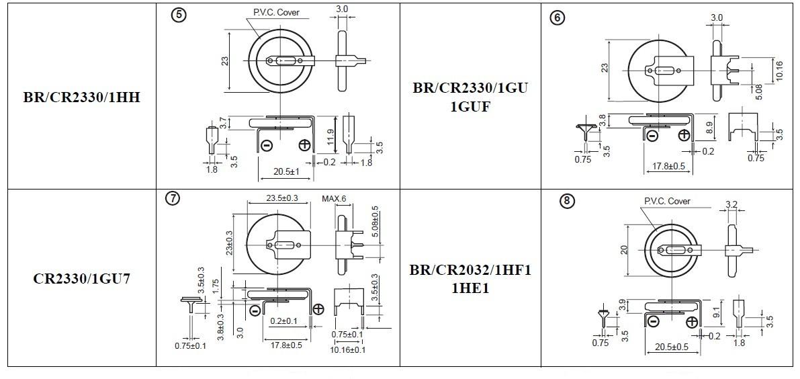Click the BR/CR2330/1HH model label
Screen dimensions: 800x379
[82, 97]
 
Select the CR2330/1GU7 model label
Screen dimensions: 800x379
[82, 279]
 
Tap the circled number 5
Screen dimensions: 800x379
[179, 15]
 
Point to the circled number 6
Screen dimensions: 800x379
[557, 18]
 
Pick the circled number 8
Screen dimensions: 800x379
[566, 202]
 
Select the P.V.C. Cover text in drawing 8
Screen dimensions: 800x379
[667, 201]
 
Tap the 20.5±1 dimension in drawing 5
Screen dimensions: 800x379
[286, 172]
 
